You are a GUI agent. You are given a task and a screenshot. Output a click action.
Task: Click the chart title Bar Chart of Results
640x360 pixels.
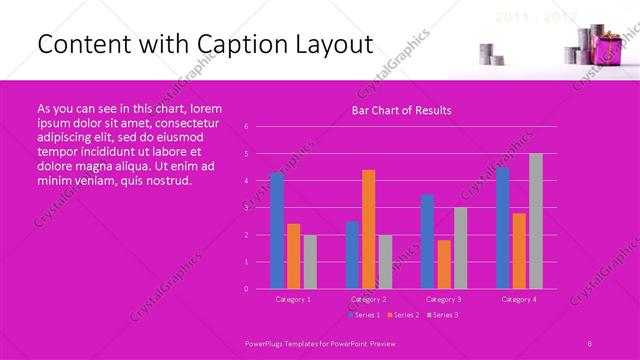[x=401, y=110]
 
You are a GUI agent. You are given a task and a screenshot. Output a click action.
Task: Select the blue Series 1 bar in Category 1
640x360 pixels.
[x=277, y=231]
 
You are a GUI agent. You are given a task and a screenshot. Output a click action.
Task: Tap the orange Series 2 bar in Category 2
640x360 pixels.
[x=369, y=229]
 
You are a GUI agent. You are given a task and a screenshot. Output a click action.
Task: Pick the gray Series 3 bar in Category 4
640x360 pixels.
[x=536, y=221]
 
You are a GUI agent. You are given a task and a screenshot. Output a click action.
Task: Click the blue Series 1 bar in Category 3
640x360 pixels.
[x=428, y=241]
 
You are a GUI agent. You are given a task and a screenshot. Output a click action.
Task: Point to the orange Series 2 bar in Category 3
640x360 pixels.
[x=444, y=264]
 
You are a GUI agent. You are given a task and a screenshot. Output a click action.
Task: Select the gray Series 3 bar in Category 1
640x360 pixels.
[x=310, y=261]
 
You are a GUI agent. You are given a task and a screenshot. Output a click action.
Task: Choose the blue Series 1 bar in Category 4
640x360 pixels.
[x=503, y=228]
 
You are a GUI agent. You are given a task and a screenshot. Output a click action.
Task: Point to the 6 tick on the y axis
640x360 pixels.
[x=246, y=127]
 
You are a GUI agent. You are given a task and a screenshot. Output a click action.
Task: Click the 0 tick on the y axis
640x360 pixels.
[x=246, y=288]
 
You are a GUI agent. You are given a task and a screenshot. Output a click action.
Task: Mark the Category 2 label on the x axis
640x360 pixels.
[x=369, y=299]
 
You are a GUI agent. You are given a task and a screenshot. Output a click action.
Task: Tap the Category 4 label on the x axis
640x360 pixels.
[x=519, y=299]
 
